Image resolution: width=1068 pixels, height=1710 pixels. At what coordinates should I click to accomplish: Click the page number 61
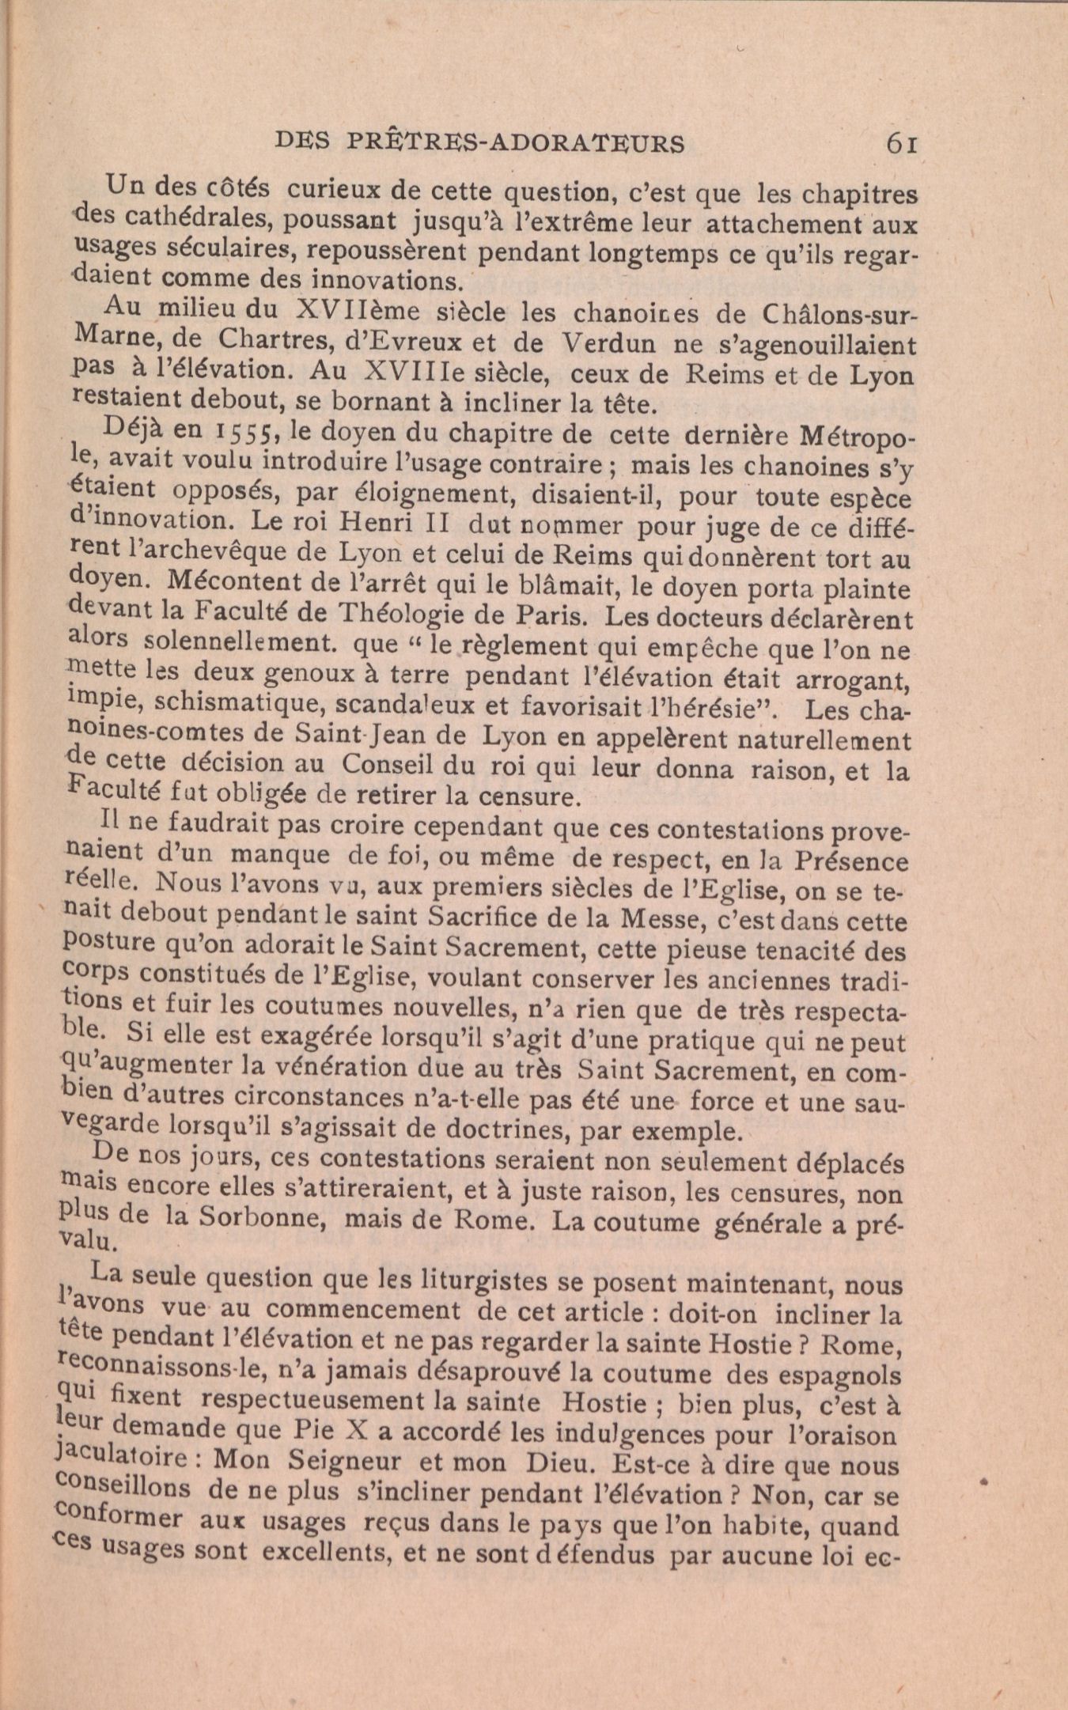coord(901,143)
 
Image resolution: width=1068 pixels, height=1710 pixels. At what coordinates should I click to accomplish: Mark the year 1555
coord(245,434)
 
